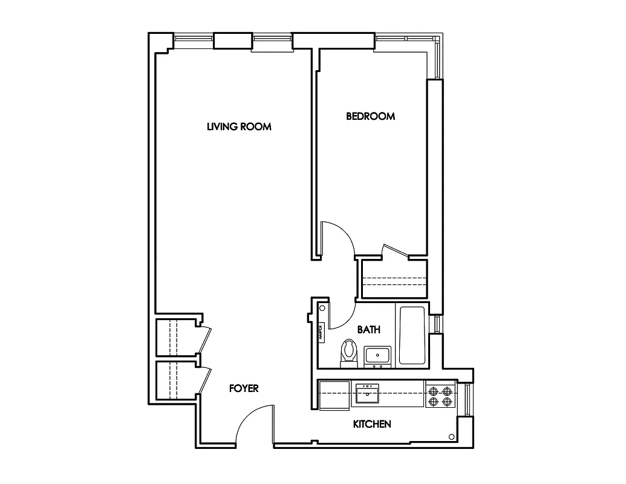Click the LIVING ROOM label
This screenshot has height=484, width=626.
pyautogui.click(x=239, y=126)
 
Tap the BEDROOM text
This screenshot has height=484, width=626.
pyautogui.click(x=370, y=116)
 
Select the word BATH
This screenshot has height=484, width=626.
pyautogui.click(x=368, y=330)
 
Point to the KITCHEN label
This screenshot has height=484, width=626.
pyautogui.click(x=372, y=424)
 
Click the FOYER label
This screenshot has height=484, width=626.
pyautogui.click(x=244, y=388)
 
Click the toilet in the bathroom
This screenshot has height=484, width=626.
pyautogui.click(x=349, y=353)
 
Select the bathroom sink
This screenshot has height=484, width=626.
pyautogui.click(x=379, y=356)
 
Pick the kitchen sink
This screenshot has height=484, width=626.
pyautogui.click(x=367, y=394)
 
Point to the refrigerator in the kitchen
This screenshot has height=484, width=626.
pyautogui.click(x=334, y=394)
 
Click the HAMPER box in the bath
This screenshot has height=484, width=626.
pyautogui.click(x=322, y=332)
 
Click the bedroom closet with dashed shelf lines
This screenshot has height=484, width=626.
pyautogui.click(x=394, y=280)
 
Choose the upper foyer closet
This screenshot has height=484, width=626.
pyautogui.click(x=177, y=338)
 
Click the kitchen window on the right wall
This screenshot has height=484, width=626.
pyautogui.click(x=467, y=399)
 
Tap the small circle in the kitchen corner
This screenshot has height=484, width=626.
pyautogui.click(x=451, y=437)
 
